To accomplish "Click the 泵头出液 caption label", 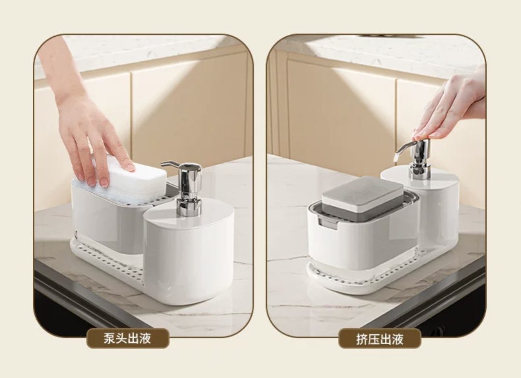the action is coord(128,338).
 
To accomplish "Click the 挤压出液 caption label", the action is coord(380,338).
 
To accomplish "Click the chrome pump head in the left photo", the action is coord(186,188).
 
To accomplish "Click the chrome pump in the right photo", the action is coord(415,160).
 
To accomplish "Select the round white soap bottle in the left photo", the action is coord(189,254).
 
